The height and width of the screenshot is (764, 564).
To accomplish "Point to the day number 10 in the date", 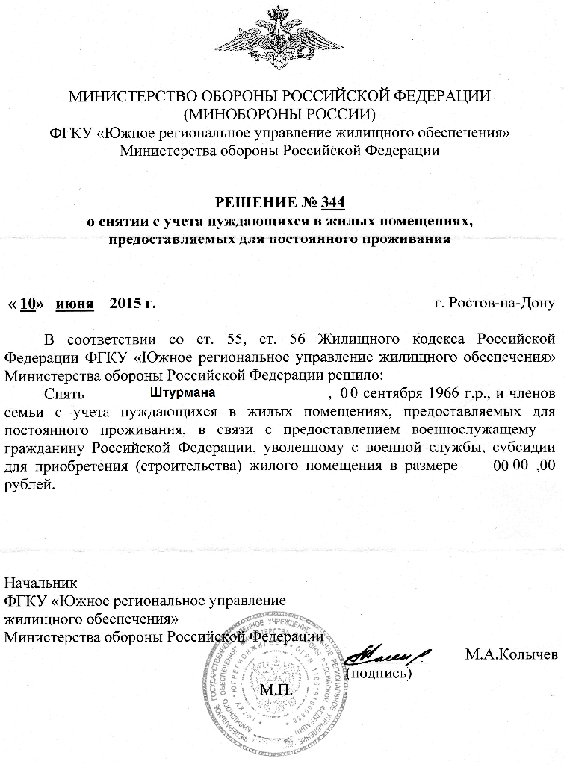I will (x=28, y=304).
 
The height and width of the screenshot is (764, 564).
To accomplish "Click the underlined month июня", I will (x=78, y=304).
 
